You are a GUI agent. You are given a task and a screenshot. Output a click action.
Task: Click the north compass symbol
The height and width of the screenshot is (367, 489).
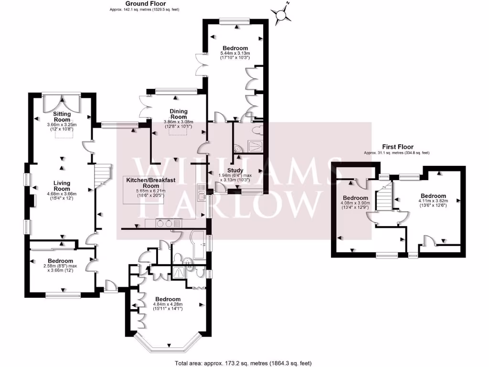(x=283, y=15)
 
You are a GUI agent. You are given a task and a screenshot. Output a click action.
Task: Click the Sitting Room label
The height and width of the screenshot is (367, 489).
(x=62, y=117)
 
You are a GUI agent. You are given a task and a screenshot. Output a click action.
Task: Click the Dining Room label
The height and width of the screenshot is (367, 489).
(x=179, y=114)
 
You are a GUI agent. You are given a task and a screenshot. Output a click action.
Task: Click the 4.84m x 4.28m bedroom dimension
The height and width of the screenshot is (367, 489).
(x=168, y=306)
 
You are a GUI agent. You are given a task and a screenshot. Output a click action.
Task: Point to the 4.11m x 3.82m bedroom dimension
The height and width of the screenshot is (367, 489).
(x=433, y=204)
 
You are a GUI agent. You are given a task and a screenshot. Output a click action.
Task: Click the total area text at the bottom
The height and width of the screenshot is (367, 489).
(x=244, y=363)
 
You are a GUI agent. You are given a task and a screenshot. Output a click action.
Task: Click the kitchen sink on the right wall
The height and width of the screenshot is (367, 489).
(x=202, y=192)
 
